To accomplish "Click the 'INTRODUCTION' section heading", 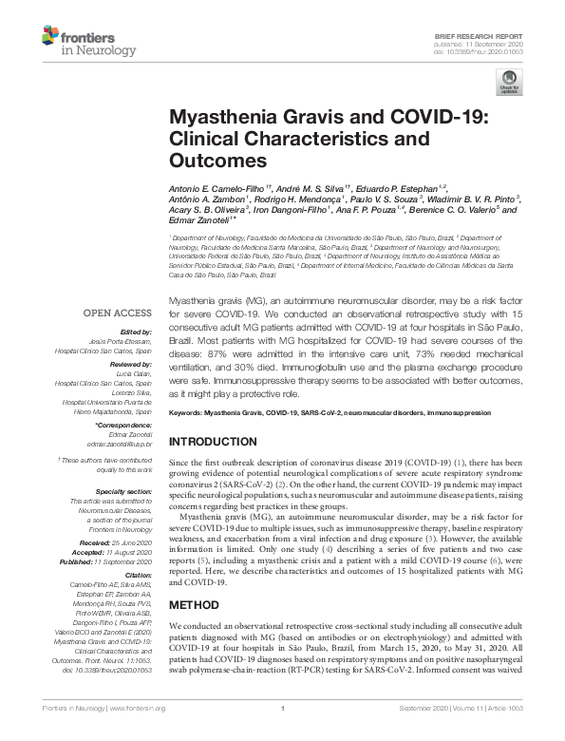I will pos(217,442).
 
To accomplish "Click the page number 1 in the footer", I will pos(282,734).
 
